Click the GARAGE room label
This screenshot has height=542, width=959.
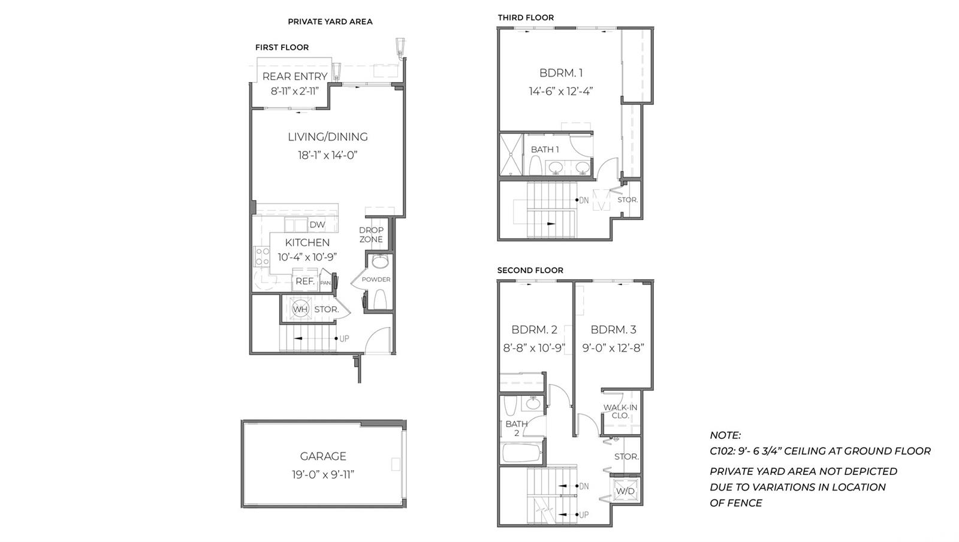point(323,456)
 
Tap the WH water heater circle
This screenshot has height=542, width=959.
point(300,309)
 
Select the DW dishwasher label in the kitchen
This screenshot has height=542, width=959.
point(317,225)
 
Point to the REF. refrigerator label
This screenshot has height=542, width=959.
point(305,281)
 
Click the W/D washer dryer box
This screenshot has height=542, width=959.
point(625,491)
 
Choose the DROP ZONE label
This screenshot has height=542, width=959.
point(371,235)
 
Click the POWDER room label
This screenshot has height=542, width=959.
point(376,280)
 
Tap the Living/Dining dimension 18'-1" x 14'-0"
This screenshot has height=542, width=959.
point(327,155)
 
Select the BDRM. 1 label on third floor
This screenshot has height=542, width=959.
point(561,73)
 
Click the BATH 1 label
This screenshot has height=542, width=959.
point(545,149)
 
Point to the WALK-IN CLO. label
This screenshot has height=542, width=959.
point(620,411)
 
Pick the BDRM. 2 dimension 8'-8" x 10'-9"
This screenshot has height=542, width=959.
point(534,348)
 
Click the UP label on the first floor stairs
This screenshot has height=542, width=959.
point(344,339)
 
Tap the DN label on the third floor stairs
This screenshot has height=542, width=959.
point(584,200)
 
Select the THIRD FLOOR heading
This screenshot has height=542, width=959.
point(526,17)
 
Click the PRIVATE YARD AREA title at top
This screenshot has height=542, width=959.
point(330,22)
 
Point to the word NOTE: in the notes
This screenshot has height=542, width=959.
point(725,435)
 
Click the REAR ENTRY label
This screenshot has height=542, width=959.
point(295,77)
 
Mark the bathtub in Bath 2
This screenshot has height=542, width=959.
point(521,452)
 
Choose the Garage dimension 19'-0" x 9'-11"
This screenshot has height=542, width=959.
point(323,475)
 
